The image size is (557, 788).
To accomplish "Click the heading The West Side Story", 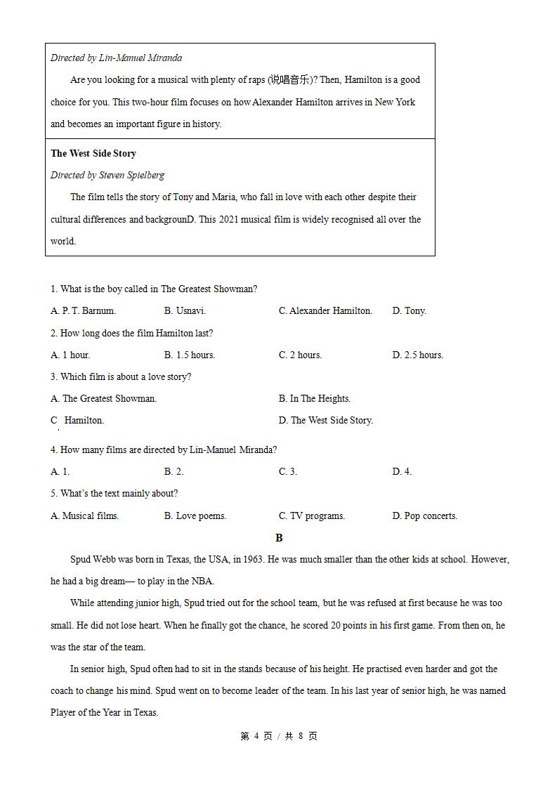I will [93, 153].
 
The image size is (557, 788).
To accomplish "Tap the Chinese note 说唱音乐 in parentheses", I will [289, 80].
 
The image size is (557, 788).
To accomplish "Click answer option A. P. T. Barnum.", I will [83, 310].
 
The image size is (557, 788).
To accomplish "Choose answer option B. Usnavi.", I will [185, 310].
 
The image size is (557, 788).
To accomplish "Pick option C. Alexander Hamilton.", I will [325, 310].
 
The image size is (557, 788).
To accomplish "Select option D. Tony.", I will [409, 310].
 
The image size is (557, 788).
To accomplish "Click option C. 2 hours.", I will [300, 355].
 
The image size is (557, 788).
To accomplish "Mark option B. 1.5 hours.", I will [190, 355].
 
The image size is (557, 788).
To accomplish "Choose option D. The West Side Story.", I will [325, 420].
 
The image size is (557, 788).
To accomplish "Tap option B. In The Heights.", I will [314, 398].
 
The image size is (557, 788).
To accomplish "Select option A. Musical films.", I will [85, 516].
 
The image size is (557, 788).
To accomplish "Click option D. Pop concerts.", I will [424, 516].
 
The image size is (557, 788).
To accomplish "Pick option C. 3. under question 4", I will [287, 471].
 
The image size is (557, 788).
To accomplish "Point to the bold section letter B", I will [279, 537].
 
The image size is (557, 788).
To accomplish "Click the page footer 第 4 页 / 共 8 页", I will [279, 736].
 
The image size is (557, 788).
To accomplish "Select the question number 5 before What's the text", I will [53, 493].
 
